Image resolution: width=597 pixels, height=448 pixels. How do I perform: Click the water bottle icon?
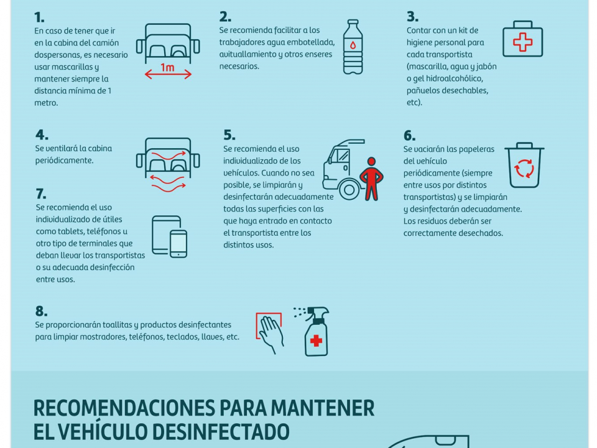[353, 47]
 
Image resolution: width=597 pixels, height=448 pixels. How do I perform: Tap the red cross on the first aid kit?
[523, 42]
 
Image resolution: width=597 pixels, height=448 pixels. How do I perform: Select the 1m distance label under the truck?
[167, 67]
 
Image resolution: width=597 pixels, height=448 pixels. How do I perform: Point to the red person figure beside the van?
[372, 179]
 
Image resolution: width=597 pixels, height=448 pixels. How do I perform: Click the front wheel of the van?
[349, 189]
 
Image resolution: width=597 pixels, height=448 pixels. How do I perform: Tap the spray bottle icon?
[315, 332]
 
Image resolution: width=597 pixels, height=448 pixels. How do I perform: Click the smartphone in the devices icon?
[178, 244]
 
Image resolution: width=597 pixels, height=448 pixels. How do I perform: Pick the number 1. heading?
[39, 17]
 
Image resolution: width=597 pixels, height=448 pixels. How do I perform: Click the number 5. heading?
[229, 135]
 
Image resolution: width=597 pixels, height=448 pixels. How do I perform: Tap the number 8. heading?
[42, 311]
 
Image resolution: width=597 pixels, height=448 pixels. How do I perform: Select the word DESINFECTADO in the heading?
[221, 432]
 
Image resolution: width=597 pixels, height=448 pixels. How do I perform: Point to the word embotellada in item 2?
[313, 42]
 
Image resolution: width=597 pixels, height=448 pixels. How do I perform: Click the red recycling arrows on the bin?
[525, 169]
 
